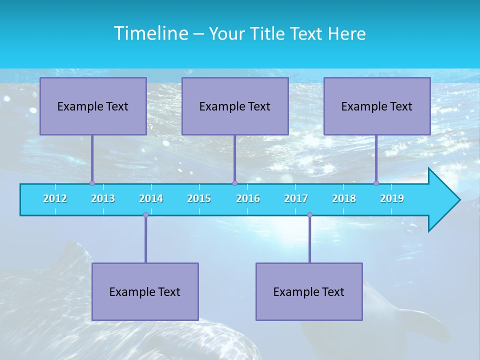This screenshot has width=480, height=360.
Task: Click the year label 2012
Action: click(55, 198)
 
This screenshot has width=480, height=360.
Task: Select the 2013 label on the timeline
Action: click(103, 198)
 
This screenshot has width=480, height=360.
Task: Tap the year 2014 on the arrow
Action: click(151, 198)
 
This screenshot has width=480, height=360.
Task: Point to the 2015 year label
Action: click(199, 198)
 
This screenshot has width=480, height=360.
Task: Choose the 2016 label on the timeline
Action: click(248, 198)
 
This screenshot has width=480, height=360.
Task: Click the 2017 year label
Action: click(296, 198)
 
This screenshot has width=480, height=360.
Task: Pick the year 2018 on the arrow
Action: click(344, 198)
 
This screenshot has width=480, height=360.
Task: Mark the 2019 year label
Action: click(392, 198)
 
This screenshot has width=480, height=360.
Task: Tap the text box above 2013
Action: click(93, 106)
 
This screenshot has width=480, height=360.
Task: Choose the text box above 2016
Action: click(235, 106)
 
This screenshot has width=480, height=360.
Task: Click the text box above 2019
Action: click(377, 106)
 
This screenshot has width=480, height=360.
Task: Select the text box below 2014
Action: click(145, 291)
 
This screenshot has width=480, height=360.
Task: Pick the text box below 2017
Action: click(309, 291)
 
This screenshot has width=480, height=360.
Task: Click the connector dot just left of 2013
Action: click(92, 183)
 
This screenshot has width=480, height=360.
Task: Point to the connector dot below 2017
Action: click(309, 214)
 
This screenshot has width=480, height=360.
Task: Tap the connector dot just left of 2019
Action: click(376, 183)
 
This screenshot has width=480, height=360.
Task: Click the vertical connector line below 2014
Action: click(145, 239)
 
